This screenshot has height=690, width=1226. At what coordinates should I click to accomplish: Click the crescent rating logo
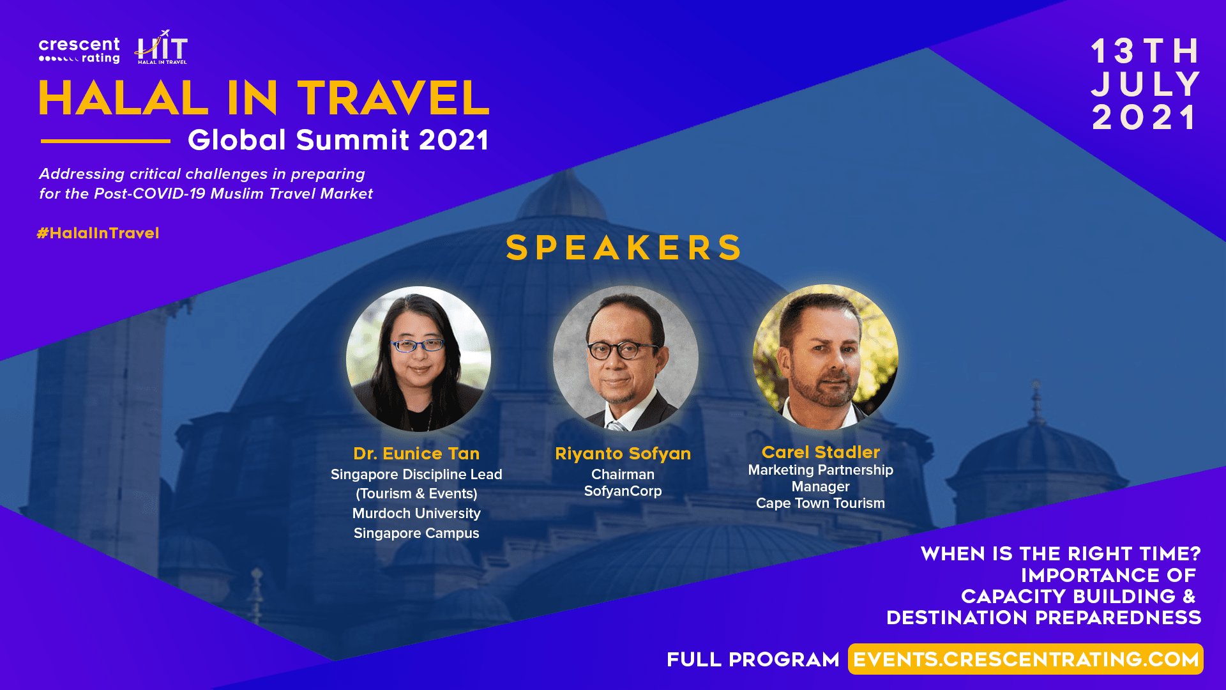(79, 50)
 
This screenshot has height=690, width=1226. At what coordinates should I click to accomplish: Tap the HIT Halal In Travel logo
(162, 47)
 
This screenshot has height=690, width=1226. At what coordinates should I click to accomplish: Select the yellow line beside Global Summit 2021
(105, 141)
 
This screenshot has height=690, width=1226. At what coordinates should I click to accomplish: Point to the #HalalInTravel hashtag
(98, 233)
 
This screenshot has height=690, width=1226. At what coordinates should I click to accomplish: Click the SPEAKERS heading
(624, 248)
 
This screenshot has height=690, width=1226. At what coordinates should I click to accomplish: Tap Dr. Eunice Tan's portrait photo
(418, 358)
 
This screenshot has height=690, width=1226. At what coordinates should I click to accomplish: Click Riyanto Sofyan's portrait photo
(625, 358)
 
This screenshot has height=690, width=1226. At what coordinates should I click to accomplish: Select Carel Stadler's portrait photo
(825, 356)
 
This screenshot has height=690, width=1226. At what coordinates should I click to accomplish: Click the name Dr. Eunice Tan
(416, 454)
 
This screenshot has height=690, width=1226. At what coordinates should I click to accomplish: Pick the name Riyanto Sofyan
(623, 454)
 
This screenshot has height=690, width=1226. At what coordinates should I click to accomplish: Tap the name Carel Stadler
(821, 452)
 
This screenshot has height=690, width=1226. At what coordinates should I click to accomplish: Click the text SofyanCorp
(623, 491)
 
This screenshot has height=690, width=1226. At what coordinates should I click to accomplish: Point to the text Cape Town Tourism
(821, 503)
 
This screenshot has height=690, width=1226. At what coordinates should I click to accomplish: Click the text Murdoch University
(416, 514)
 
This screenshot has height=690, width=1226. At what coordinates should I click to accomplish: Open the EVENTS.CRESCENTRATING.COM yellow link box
(1025, 659)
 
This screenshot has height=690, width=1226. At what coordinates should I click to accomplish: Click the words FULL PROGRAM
(753, 660)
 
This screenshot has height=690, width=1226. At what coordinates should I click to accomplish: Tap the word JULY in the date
(1146, 84)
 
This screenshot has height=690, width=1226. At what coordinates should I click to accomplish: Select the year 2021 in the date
(1145, 118)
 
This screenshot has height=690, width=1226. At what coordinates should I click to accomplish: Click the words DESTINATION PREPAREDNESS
(1044, 618)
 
